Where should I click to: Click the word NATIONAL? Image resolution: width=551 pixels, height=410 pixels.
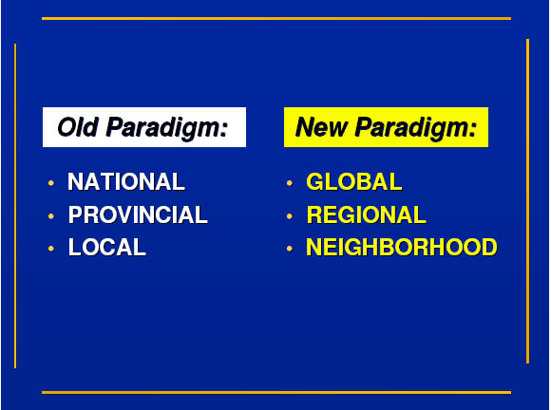click(126, 182)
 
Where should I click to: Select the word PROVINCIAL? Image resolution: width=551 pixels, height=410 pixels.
click(138, 214)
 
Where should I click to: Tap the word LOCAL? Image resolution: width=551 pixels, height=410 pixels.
click(107, 247)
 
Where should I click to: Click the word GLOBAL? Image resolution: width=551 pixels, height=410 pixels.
click(354, 182)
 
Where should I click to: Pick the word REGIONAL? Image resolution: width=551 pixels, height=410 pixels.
click(367, 214)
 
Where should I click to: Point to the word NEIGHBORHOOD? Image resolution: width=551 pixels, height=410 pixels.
click(402, 247)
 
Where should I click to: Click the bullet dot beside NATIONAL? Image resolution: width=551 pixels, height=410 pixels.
click(51, 183)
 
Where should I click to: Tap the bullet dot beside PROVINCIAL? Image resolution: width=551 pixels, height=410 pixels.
click(51, 215)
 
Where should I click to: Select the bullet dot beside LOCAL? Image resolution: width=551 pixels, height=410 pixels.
click(51, 249)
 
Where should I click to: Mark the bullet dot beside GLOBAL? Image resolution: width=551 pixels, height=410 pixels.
click(290, 183)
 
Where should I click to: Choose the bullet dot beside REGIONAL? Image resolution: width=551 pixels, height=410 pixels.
click(290, 215)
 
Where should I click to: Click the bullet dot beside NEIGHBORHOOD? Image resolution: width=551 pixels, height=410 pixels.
click(290, 249)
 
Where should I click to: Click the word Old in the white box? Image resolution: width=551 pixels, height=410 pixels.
click(78, 127)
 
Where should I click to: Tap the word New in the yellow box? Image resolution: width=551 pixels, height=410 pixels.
click(321, 127)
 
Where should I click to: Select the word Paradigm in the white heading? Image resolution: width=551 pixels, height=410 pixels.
click(167, 129)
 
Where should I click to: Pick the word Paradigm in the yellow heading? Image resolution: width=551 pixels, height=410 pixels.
click(416, 129)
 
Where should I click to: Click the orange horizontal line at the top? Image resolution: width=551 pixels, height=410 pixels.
click(276, 19)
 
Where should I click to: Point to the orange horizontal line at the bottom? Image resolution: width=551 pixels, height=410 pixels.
click(276, 393)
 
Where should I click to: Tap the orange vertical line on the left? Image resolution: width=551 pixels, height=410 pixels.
click(15, 206)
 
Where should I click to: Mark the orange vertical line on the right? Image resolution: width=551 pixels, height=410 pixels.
click(527, 201)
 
